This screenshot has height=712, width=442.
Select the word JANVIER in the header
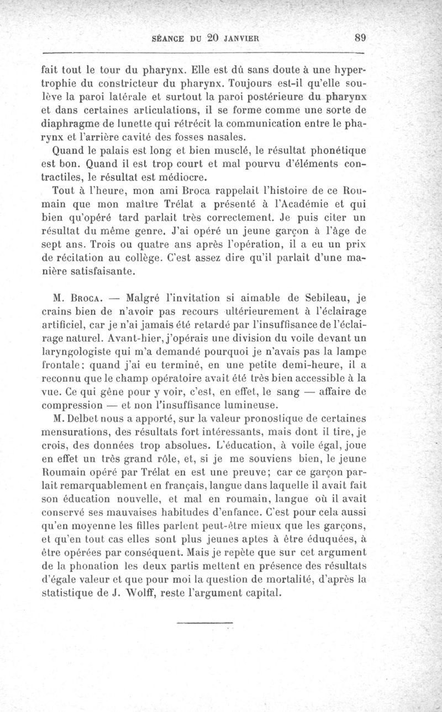click(243, 39)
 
